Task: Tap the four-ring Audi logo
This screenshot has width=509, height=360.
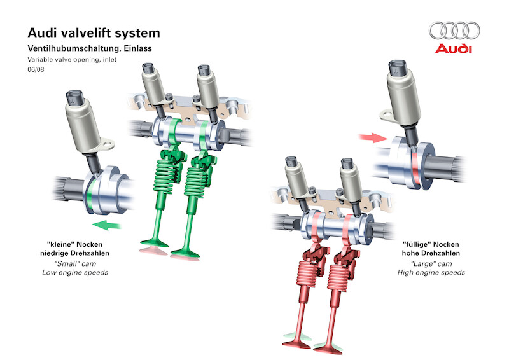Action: click(454, 30)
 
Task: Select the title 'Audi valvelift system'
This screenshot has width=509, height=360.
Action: click(94, 32)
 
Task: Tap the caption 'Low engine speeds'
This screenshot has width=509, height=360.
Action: click(76, 272)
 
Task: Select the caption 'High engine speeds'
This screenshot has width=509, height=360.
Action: click(431, 272)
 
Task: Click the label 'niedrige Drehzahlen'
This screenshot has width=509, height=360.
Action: click(76, 253)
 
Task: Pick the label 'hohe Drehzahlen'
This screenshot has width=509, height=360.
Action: click(431, 253)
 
